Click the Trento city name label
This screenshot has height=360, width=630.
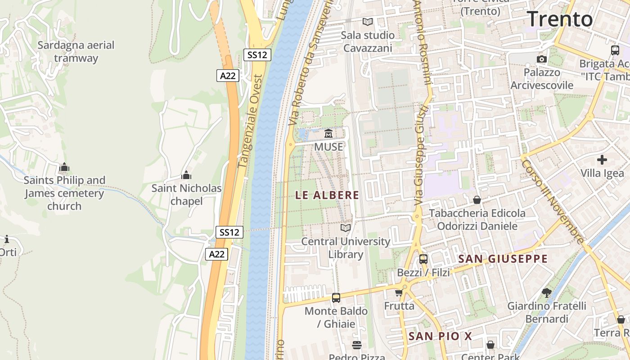click(x=560, y=19)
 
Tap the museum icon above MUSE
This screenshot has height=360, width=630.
click(x=328, y=134)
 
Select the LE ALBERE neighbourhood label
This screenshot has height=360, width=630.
click(x=327, y=195)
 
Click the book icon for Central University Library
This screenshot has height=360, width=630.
click(x=346, y=228)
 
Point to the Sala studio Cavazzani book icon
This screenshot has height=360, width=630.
click(x=368, y=22)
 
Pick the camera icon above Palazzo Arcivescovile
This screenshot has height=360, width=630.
click(x=542, y=59)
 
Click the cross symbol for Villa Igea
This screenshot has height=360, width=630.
click(x=602, y=160)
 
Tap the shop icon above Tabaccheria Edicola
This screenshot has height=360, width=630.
click(x=477, y=199)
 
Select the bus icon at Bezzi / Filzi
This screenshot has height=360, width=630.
click(x=423, y=259)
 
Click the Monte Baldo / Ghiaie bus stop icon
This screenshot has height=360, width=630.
click(x=336, y=297)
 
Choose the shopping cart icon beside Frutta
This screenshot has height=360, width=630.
click(x=399, y=293)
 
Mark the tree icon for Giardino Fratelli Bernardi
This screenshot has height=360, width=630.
click(x=547, y=293)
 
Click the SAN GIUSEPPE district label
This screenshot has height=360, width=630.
click(x=503, y=259)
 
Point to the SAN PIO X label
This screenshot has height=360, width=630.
click(x=440, y=336)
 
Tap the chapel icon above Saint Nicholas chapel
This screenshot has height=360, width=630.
click(x=186, y=175)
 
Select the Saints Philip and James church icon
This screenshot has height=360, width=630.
click(x=64, y=167)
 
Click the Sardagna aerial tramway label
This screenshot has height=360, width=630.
click(x=76, y=51)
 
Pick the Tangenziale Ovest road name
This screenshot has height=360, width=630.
click(x=250, y=121)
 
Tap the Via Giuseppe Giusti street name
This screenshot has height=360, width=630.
click(x=421, y=157)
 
